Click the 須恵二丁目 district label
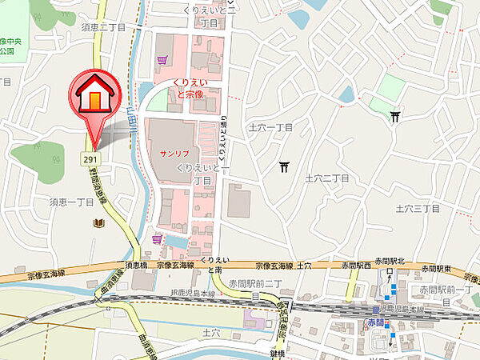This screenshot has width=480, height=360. coord(103,26)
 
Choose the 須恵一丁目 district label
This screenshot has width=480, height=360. coord(72,203)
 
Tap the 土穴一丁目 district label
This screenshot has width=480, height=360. coord(272,127)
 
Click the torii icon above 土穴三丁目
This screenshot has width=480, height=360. coord(395,117)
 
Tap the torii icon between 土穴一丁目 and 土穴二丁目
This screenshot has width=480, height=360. coord(285,166)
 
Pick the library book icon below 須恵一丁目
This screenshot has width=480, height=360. coord(98,222)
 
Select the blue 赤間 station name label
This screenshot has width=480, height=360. coord(376,322)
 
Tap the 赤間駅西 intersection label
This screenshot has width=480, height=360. coord(353,264)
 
